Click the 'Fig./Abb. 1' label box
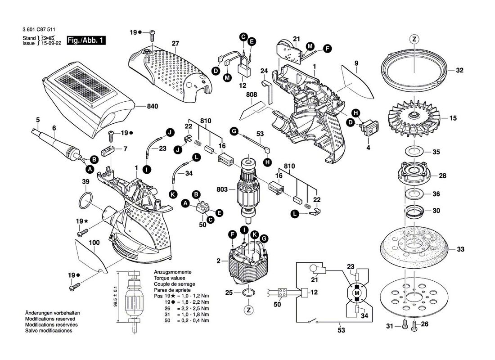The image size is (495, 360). (x=86, y=40)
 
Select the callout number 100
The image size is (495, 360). (x=94, y=243)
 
